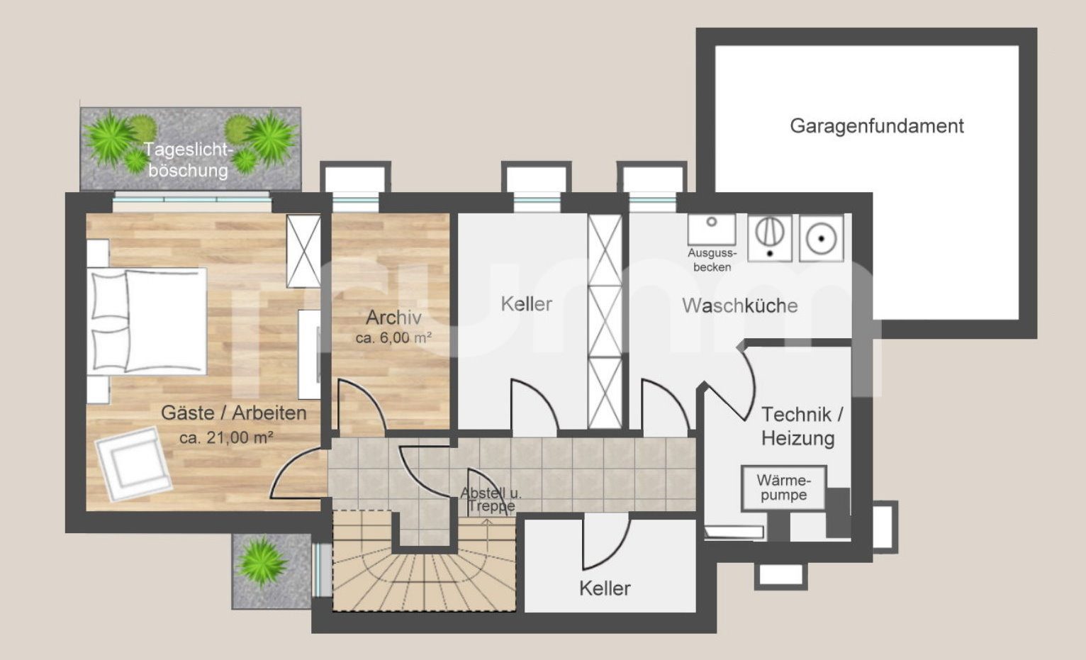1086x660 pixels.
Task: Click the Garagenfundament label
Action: [x=877, y=126]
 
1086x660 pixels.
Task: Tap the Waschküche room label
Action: [x=740, y=306]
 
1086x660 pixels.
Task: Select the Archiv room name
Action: [x=393, y=318]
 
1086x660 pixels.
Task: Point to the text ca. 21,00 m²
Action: [x=226, y=437]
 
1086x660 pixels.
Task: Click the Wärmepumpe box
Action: [x=783, y=488]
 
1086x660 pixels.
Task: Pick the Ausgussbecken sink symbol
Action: [x=712, y=230]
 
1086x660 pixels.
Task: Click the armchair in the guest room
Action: [x=133, y=464]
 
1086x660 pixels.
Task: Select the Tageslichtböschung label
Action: [x=188, y=160]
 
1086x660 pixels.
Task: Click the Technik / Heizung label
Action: [x=801, y=426]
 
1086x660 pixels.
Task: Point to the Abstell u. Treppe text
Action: [x=490, y=500]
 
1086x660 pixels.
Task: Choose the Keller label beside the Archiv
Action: [x=526, y=304]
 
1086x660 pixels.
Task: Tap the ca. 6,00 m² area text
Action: [x=393, y=337]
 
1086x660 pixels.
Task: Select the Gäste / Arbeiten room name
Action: [x=234, y=413]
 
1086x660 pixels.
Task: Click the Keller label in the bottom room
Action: [x=605, y=588]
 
